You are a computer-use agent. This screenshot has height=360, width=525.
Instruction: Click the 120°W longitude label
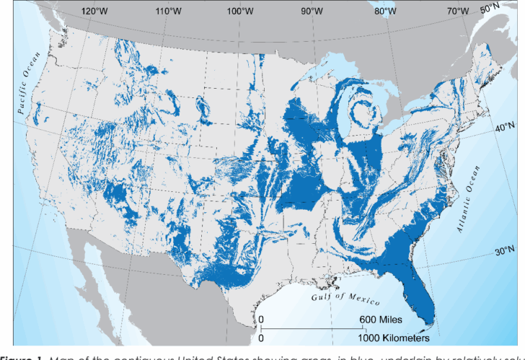tap(95, 11)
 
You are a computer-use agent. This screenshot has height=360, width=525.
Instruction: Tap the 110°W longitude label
tap(168, 11)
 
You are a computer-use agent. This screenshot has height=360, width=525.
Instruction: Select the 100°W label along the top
tap(240, 11)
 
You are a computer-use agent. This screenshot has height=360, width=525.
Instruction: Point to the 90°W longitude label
tap(313, 11)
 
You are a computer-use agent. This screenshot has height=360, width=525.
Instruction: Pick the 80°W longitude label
tap(385, 11)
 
